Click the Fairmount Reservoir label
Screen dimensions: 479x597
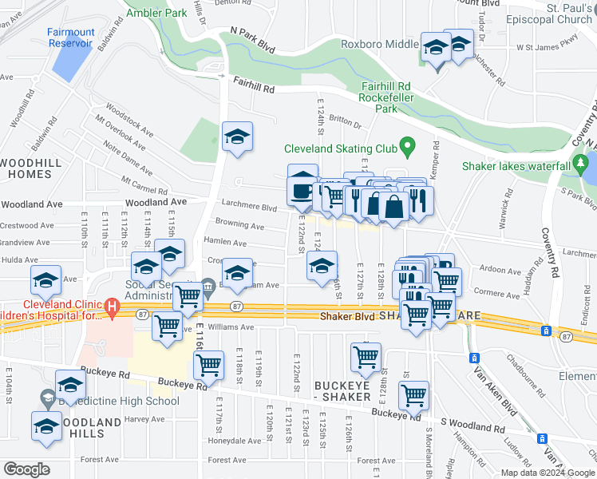70,37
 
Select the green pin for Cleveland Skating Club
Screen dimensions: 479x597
408,147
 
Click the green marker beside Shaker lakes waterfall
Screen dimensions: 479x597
581,167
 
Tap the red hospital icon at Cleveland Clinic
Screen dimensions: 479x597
113,306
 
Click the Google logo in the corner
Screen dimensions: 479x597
26,469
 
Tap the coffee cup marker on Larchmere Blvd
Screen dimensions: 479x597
302,192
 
